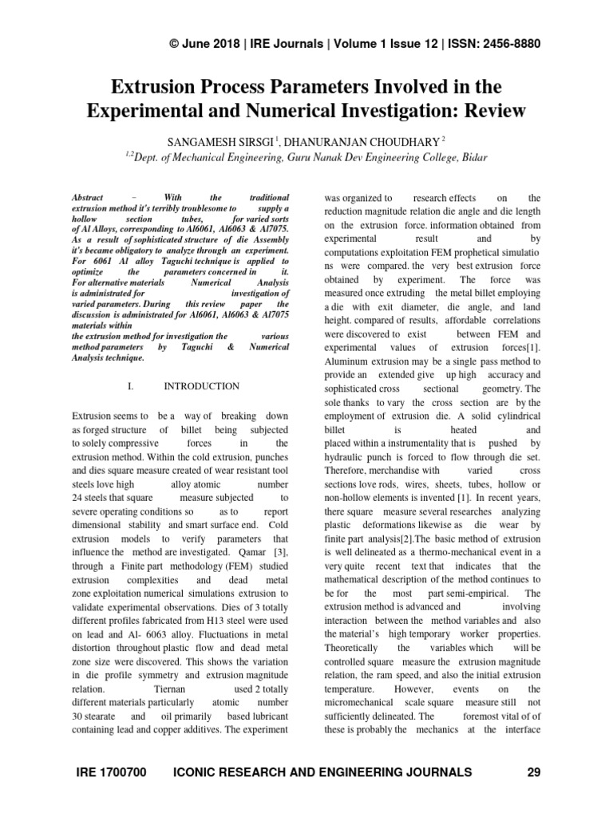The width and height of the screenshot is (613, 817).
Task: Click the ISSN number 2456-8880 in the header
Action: (x=499, y=44)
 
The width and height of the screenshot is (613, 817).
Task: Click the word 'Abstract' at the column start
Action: (x=88, y=196)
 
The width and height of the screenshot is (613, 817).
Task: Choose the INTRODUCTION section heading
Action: (x=201, y=386)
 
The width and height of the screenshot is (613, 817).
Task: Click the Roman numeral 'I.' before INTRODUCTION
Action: (x=132, y=386)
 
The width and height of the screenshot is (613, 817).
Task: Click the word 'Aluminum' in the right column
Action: (x=348, y=361)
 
